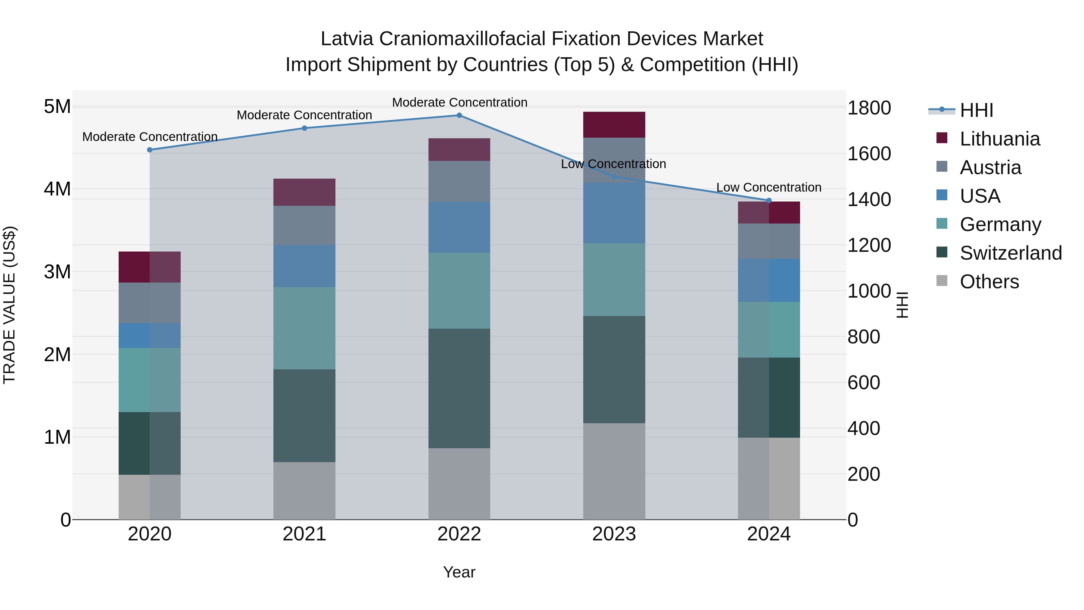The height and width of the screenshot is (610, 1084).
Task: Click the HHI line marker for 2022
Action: click(459, 115)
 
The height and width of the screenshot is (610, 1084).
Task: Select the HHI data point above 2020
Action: click(150, 150)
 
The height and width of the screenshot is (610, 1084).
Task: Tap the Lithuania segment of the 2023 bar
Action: click(614, 125)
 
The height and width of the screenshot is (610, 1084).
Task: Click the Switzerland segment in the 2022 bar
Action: click(459, 388)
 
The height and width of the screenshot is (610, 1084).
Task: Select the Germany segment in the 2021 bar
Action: click(304, 328)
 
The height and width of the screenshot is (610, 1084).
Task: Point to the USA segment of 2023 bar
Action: click(614, 213)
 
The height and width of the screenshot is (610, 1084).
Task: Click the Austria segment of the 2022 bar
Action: click(459, 181)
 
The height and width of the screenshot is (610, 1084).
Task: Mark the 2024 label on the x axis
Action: click(768, 534)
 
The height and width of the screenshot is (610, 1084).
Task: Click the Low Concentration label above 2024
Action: click(768, 187)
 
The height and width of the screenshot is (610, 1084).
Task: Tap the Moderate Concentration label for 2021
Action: click(304, 115)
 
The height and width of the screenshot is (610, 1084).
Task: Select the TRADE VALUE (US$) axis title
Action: click(9, 305)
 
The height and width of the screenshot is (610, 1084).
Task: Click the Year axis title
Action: click(459, 572)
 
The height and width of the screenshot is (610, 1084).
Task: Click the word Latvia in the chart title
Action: click(347, 39)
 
